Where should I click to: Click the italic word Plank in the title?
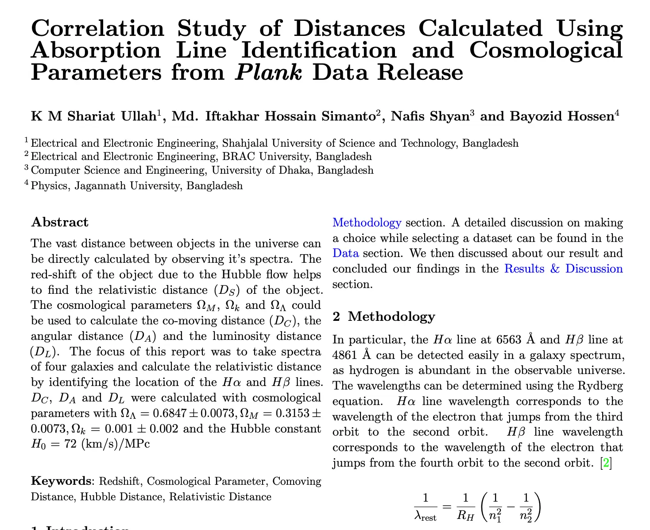click(269, 72)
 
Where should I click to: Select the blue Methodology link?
click(367, 222)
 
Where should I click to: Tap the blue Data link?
click(345, 253)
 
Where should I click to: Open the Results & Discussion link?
click(563, 269)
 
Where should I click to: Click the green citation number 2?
click(606, 463)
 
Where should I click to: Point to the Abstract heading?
click(60, 222)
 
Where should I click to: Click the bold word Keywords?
click(61, 481)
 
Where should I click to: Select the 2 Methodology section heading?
click(384, 316)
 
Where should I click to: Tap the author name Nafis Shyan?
click(429, 116)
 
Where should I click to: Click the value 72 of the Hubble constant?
click(71, 444)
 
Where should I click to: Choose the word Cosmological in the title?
click(546, 50)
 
